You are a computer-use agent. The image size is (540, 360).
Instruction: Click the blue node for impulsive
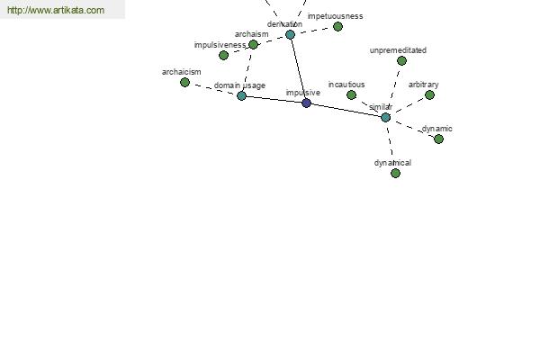coord(306,103)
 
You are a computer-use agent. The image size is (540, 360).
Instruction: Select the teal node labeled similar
coord(386,118)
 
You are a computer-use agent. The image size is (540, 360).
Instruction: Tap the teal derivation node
coord(291,34)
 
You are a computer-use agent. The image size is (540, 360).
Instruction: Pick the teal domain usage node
coord(241,95)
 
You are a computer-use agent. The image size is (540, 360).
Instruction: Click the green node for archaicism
coord(184,82)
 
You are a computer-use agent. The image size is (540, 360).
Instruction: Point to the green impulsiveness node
coord(223,55)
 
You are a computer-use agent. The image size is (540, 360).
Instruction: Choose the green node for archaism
coord(253,44)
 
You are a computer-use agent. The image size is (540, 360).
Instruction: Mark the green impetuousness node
coord(337,26)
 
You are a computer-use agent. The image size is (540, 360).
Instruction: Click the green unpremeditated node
coord(401,60)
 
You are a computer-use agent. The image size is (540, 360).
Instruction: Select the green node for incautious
coord(351,94)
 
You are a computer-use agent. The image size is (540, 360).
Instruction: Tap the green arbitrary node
coord(429,94)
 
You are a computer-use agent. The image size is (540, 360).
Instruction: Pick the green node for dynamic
coord(438,139)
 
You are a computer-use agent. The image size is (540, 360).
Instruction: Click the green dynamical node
coord(395,173)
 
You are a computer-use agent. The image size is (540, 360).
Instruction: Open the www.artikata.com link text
coord(56,10)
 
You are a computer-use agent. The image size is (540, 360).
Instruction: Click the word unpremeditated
coord(398,50)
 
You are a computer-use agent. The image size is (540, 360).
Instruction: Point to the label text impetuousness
coord(335,16)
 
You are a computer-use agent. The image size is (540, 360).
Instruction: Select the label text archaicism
coord(182,72)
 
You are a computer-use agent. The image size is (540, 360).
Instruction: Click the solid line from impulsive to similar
coord(346,110)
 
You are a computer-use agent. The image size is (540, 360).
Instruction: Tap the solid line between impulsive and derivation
coord(298,69)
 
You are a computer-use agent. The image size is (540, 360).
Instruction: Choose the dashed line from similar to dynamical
coord(391,145)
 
